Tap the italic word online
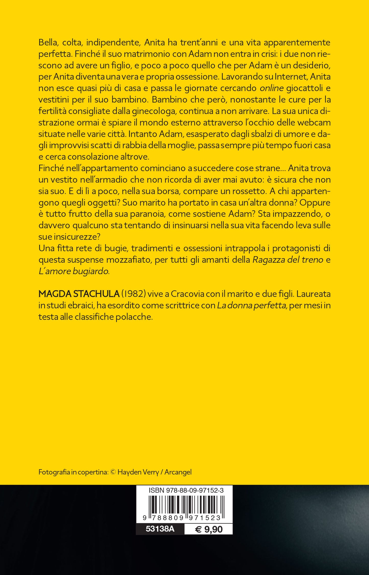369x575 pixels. (x=271, y=88)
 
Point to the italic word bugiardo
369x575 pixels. (x=91, y=271)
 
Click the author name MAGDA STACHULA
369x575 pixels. (x=79, y=294)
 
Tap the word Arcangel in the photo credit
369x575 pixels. (x=178, y=472)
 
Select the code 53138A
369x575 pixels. (x=160, y=529)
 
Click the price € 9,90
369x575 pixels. (x=209, y=529)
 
